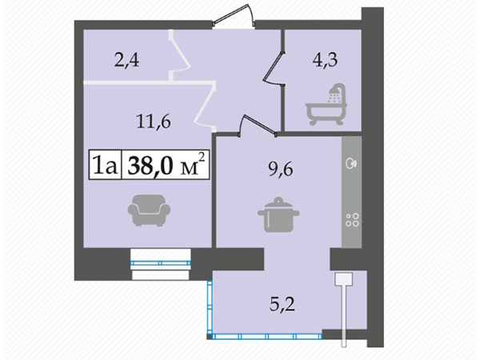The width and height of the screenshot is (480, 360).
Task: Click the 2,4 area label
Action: tap(126, 60)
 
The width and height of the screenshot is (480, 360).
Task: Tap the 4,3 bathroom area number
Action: tap(325, 60)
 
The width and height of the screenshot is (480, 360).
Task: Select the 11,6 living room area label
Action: tap(154, 122)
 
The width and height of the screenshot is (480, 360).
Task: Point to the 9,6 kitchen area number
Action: tap(281, 169)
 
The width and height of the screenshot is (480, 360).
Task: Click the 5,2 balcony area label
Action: tap(282, 305)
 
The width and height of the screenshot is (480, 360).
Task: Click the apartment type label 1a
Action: tap(105, 166)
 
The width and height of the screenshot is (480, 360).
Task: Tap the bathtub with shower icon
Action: tap(326, 104)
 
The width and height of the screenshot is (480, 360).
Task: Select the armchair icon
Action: tap(149, 210)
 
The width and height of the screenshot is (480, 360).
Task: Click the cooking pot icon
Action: tap(278, 215)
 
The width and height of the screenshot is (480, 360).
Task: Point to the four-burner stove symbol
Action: tap(352, 219)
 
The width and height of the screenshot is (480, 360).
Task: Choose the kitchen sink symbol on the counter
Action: tap(351, 163)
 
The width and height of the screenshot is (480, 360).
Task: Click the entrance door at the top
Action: tap(234, 16)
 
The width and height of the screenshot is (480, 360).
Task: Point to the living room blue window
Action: tap(161, 262)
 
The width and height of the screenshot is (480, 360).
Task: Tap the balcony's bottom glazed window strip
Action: tap(267, 337)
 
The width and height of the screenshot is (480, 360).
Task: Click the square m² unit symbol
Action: tap(192, 165)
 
